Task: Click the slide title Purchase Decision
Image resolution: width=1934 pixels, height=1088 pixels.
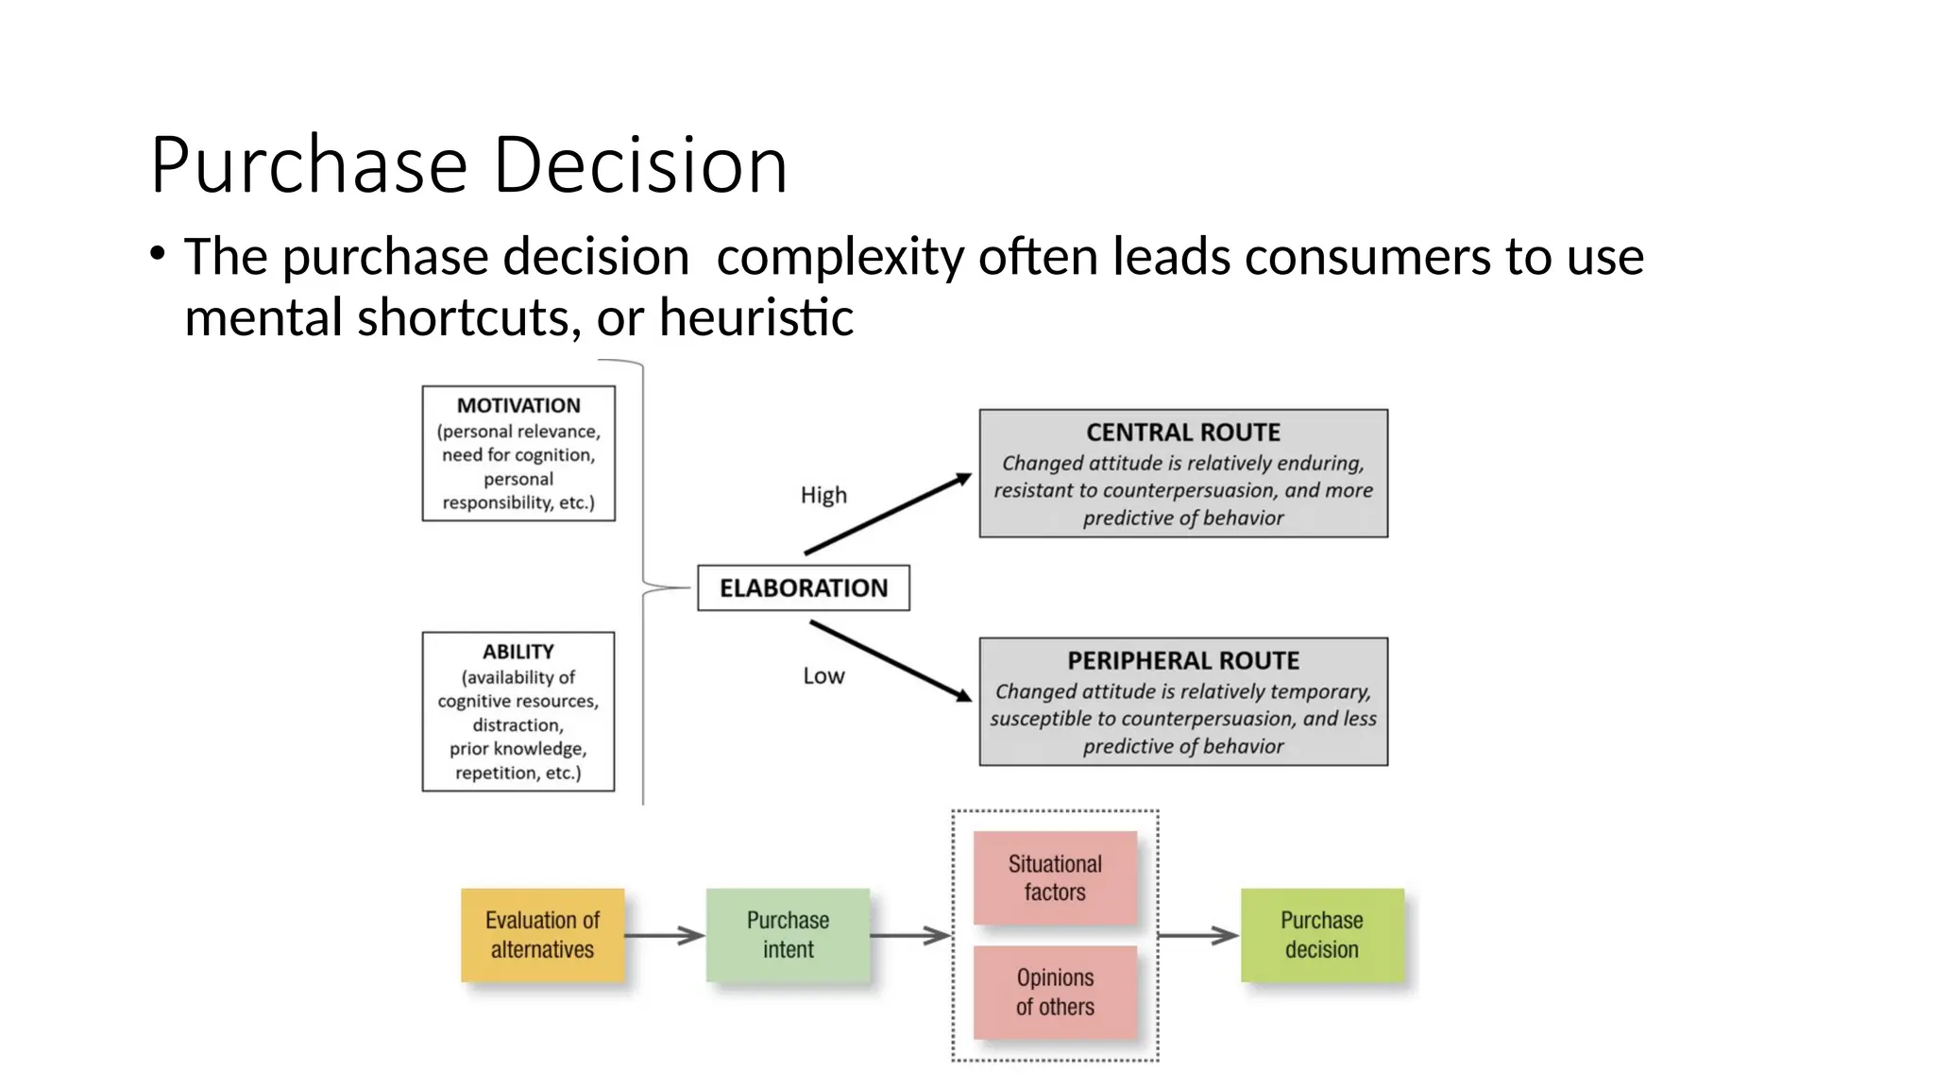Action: click(468, 165)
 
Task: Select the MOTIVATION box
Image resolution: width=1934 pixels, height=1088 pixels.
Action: click(518, 453)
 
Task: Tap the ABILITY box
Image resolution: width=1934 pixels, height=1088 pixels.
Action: click(518, 711)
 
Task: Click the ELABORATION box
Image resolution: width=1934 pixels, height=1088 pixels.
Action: click(804, 587)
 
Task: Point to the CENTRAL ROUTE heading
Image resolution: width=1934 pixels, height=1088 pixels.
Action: click(1183, 433)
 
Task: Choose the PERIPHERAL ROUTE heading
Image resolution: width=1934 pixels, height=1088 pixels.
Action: click(1183, 660)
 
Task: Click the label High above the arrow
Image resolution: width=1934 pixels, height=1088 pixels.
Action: click(823, 495)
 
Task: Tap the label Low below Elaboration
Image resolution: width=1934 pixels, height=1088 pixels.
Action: click(823, 675)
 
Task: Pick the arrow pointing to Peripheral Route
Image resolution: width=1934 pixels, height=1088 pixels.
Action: click(890, 661)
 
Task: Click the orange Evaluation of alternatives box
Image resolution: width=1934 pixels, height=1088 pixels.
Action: click(543, 935)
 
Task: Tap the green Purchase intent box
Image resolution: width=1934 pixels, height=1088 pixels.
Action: click(788, 935)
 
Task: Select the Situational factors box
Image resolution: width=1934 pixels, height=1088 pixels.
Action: click(1055, 877)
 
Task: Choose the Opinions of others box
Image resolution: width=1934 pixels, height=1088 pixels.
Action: click(1055, 993)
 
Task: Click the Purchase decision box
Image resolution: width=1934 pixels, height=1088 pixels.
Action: click(1322, 935)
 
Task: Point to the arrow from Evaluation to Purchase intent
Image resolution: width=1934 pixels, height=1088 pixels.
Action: click(665, 936)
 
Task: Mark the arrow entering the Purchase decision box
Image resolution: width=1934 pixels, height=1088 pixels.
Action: click(1197, 936)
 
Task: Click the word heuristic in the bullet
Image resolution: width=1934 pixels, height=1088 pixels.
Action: click(756, 316)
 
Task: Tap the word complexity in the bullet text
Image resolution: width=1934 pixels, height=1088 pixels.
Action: click(840, 257)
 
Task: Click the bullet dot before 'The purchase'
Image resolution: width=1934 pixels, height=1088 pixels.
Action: click(157, 253)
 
